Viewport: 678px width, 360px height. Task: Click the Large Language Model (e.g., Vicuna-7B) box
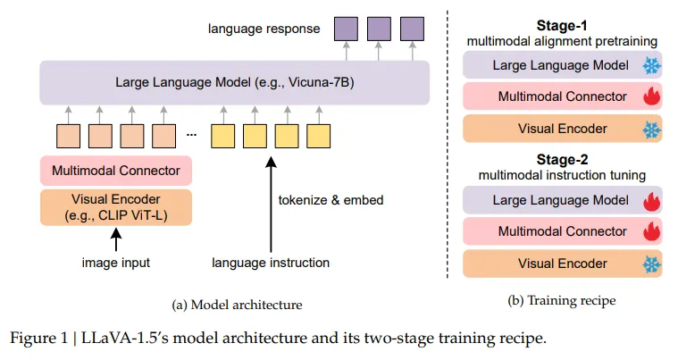232,82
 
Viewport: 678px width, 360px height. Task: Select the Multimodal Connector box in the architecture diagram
116,170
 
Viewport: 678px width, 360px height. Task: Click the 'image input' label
115,263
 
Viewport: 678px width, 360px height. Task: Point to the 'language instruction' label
271,263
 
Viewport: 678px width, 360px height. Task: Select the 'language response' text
264,29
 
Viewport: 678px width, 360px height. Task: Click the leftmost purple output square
345,29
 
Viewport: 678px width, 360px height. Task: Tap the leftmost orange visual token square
68,136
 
